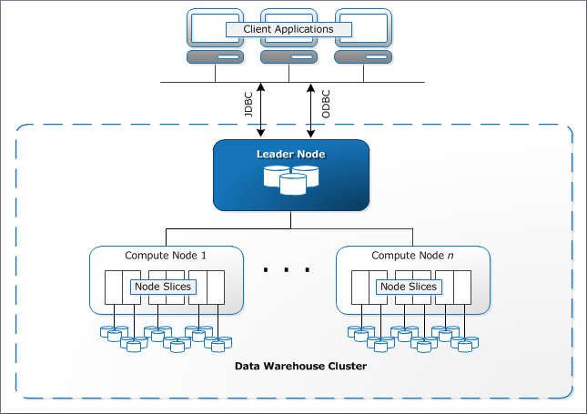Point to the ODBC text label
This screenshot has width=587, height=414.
(x=324, y=102)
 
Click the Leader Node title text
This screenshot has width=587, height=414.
(x=290, y=155)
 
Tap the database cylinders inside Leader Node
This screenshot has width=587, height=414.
(x=291, y=180)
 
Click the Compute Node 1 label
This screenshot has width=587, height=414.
(x=166, y=256)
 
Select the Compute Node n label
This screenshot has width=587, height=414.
(x=412, y=256)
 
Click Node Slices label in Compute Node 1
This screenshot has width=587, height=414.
(x=162, y=287)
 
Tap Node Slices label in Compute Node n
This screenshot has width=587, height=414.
(x=409, y=287)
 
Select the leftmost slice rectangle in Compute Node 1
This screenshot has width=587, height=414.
(x=114, y=287)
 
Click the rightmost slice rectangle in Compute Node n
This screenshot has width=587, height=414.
(x=462, y=287)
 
